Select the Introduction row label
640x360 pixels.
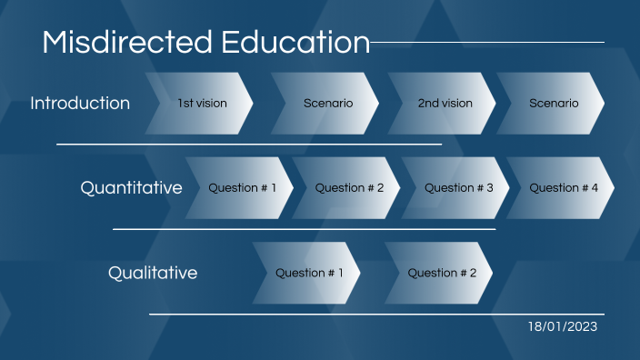point(80,103)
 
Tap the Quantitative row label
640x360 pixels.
point(131,188)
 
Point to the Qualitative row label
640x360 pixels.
point(153,273)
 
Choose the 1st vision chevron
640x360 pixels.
point(202,104)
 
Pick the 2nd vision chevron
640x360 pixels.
point(445,104)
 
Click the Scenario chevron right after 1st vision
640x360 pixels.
point(327,104)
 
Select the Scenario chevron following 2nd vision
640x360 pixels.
point(553,104)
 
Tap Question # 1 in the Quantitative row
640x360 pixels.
point(243,188)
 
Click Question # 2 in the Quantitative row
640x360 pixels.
point(349,188)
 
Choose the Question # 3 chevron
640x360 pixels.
point(458,188)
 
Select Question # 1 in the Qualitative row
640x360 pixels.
point(309,273)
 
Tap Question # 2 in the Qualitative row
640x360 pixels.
point(441,273)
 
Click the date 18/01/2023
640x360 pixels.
point(564,325)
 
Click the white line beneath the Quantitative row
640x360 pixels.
point(304,229)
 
